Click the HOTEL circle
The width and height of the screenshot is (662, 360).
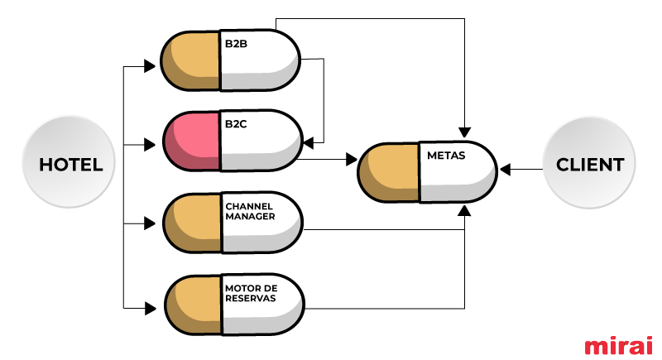point(69,161)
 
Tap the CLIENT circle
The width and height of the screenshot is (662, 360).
point(589,162)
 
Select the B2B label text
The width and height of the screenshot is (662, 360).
point(236,44)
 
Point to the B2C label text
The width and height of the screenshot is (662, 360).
point(236,124)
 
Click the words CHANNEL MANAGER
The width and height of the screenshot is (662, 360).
point(250,211)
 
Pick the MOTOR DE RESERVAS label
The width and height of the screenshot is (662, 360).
point(252,293)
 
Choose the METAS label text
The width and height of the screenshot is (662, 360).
point(446,156)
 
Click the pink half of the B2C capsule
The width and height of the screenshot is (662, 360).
point(192,141)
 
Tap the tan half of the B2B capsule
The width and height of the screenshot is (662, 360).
point(191,60)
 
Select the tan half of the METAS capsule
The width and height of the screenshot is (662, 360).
point(389,173)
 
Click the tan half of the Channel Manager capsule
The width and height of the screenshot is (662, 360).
point(193,223)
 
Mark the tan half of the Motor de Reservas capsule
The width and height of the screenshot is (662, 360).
point(194,305)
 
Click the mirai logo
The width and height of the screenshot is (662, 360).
point(618,345)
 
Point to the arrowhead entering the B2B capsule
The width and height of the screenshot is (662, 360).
point(150,66)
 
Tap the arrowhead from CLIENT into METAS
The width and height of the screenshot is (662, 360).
point(505,170)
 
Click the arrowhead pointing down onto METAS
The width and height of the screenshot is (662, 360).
point(464,132)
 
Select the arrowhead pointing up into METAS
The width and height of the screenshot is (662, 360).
point(464,210)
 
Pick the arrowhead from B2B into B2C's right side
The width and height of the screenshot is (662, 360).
point(309,143)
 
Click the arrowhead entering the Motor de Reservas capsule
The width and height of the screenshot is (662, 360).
point(150,308)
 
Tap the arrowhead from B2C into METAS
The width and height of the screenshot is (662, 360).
point(352,160)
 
